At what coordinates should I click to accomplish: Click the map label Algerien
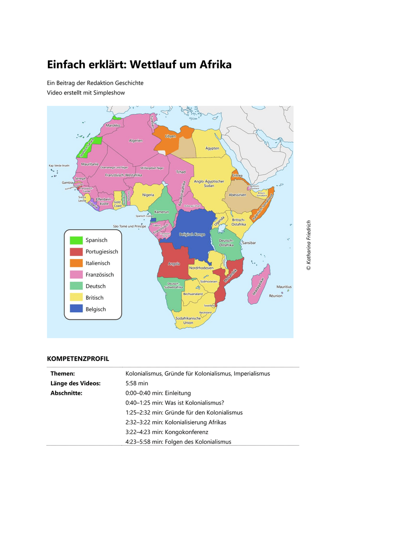point(136,140)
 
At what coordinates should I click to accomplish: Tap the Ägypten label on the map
point(212,148)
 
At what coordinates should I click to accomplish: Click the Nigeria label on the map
point(148,195)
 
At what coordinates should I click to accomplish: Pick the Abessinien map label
point(237,195)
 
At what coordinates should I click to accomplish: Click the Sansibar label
point(249,243)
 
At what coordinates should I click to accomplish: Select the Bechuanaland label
point(193,294)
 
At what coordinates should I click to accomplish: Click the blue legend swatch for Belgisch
point(76,309)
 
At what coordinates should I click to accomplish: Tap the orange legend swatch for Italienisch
point(76,263)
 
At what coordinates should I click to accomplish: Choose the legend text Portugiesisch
point(102,252)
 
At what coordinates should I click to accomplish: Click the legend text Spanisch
point(97,240)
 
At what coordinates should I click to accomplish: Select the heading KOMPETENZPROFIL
point(78,359)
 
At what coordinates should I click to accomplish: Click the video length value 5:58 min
point(137,383)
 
